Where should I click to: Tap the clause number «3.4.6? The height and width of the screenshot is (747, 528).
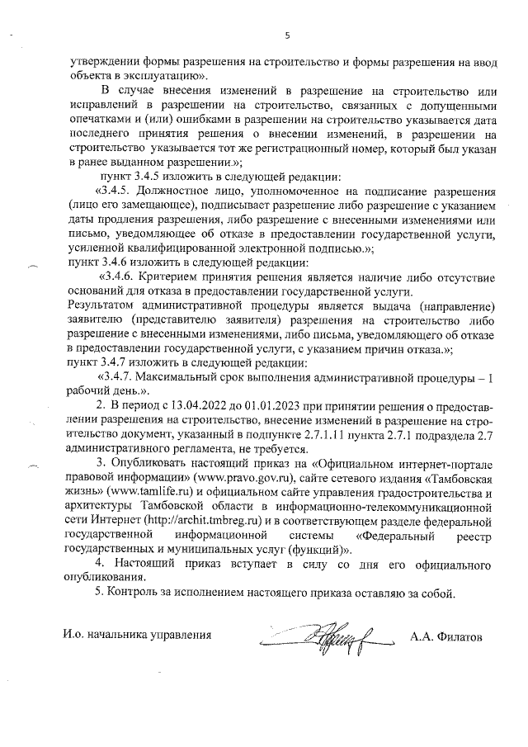coord(117,277)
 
